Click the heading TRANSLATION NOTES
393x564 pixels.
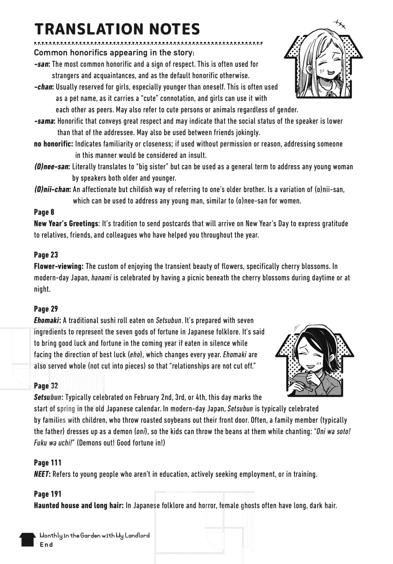pyautogui.click(x=117, y=29)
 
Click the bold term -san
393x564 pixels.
pyautogui.click(x=42, y=64)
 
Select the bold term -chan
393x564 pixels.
pyautogui.click(x=44, y=87)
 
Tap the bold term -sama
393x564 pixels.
pyautogui.click(x=45, y=121)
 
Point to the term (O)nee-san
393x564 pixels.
pyautogui.click(x=52, y=166)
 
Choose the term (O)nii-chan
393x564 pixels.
pyautogui.click(x=52, y=189)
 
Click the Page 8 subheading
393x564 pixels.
pyautogui.click(x=44, y=212)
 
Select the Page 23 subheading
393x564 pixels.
pyautogui.click(x=46, y=255)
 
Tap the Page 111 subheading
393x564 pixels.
pyautogui.click(x=48, y=463)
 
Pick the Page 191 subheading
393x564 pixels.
pyautogui.click(x=48, y=494)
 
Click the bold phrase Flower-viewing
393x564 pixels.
pyautogui.click(x=59, y=266)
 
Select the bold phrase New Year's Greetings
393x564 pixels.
pyautogui.click(x=66, y=224)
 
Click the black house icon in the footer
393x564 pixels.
pyautogui.click(x=27, y=539)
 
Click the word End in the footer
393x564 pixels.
pyautogui.click(x=46, y=545)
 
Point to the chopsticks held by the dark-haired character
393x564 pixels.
pyautogui.click(x=300, y=386)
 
